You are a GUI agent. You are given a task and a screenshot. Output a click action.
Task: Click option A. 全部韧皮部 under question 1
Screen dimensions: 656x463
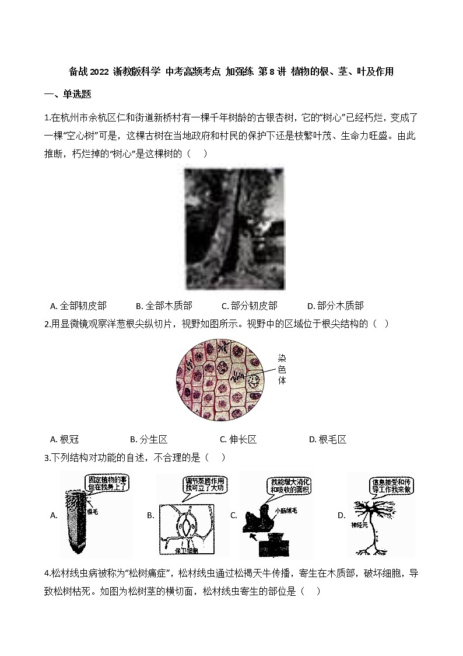pos(78,306)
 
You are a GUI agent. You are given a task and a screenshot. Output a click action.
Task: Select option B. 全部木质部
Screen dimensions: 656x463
pos(164,306)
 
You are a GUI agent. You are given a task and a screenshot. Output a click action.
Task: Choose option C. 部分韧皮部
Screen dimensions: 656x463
pos(250,306)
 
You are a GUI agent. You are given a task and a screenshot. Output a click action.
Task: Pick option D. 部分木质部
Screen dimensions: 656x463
pos(335,306)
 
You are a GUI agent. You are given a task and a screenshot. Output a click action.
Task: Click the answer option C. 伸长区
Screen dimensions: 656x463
pos(238,440)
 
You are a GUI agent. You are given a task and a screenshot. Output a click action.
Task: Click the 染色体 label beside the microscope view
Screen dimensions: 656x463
pos(282,369)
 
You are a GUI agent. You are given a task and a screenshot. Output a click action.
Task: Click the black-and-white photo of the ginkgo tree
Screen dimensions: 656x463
pos(233,229)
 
